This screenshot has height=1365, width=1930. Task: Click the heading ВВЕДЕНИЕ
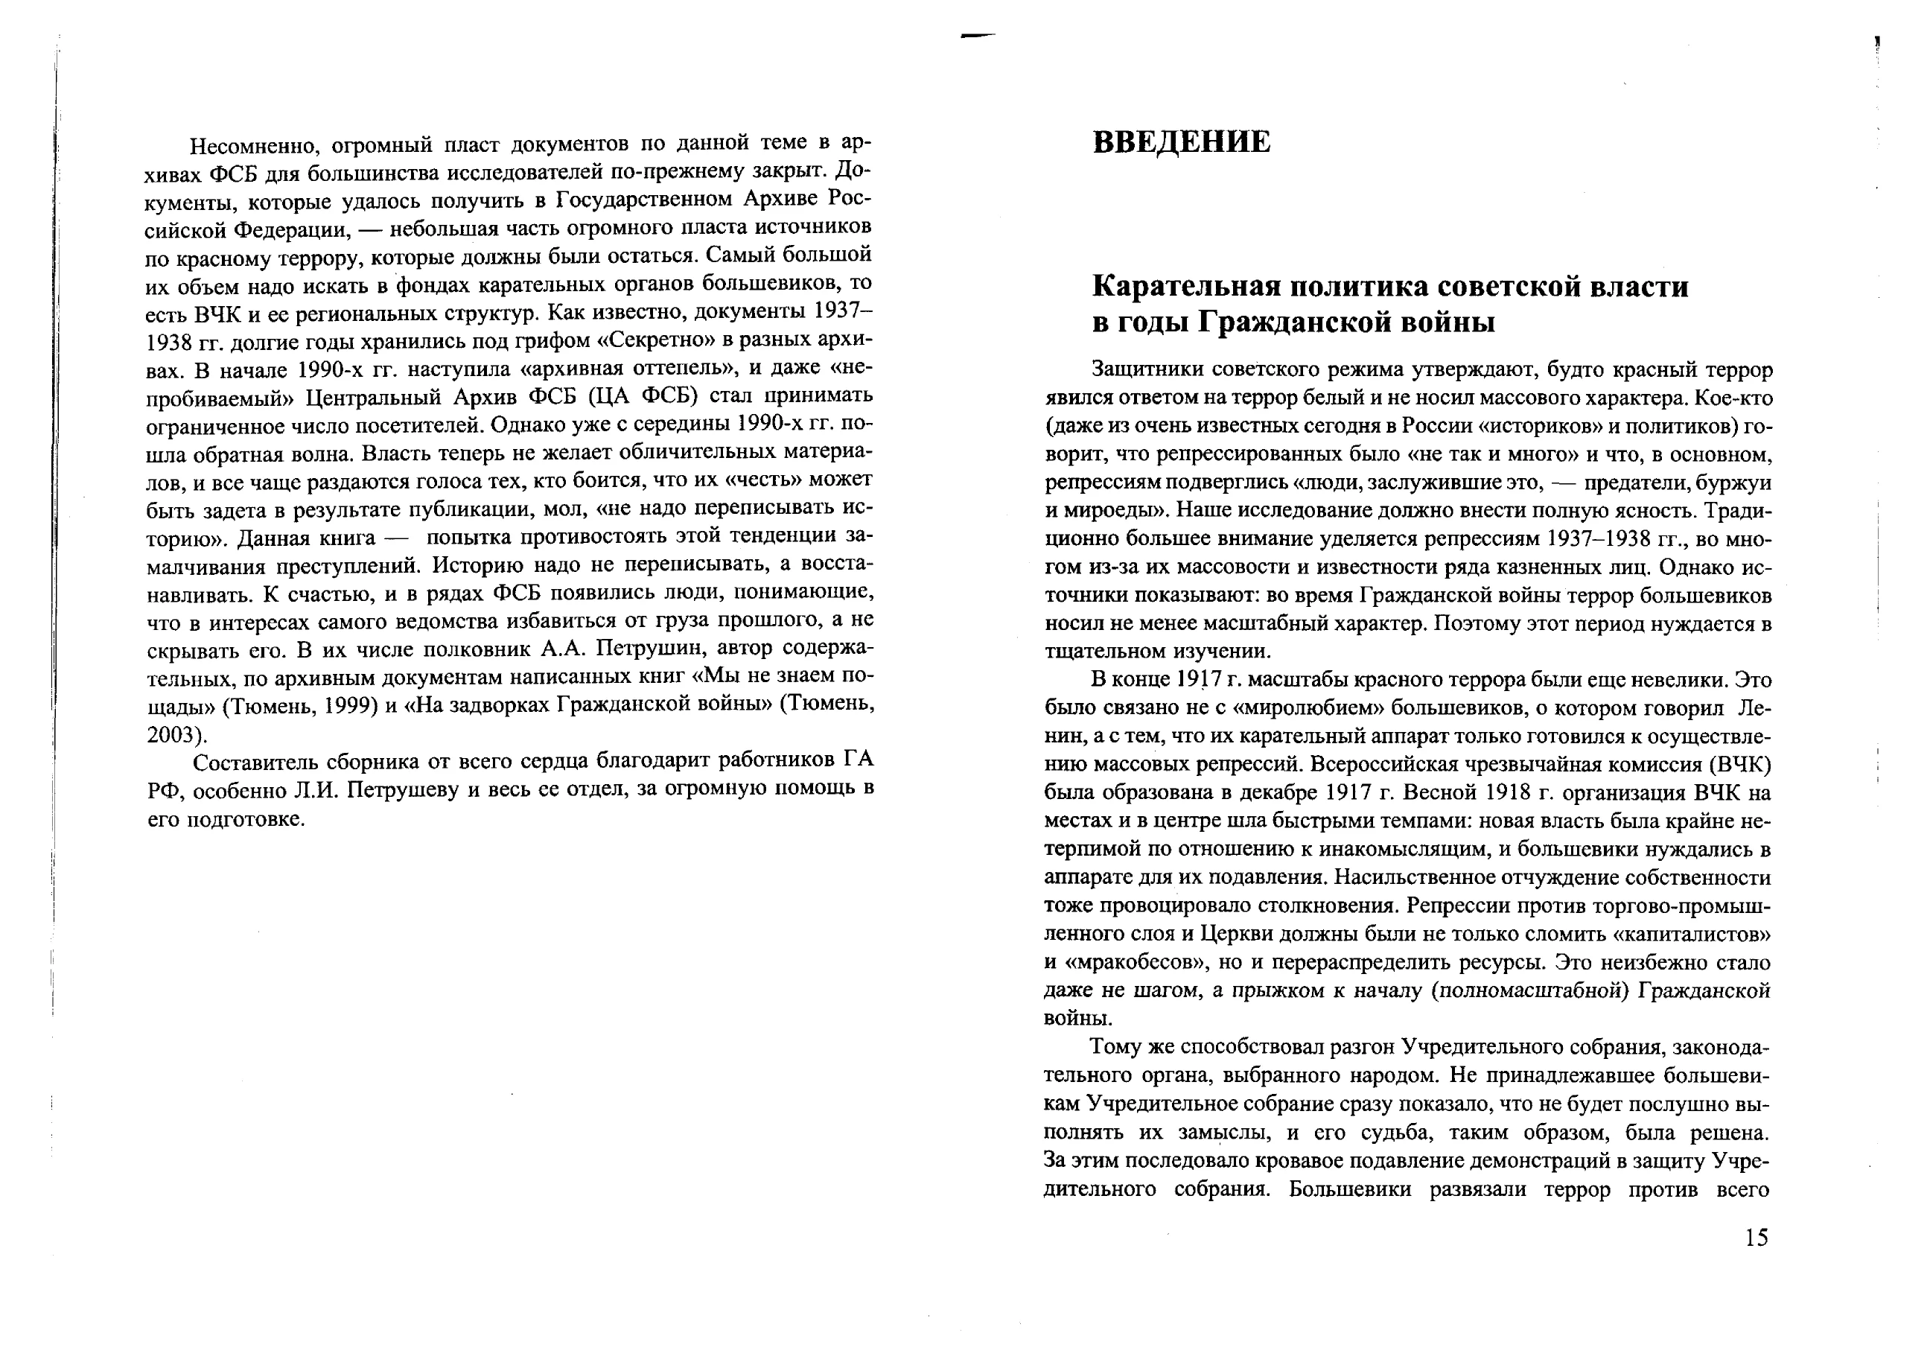pyautogui.click(x=1181, y=142)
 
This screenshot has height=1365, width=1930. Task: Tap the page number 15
pyautogui.click(x=1756, y=1237)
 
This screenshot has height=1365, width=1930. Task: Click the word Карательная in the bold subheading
pyautogui.click(x=1184, y=287)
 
